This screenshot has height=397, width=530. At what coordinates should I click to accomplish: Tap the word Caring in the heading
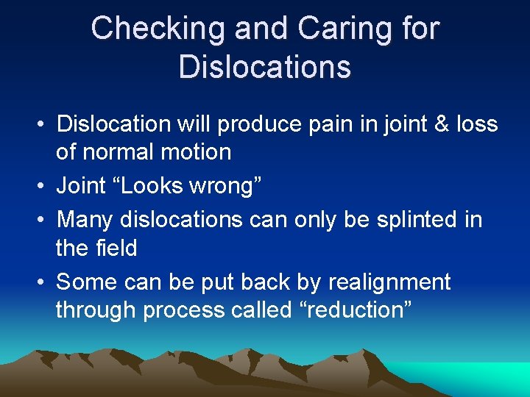tap(334, 29)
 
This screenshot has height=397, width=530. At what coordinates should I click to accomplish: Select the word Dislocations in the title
tap(265, 67)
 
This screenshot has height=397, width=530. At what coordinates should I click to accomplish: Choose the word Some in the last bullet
tap(87, 282)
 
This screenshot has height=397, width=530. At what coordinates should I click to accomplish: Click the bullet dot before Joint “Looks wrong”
tap(44, 187)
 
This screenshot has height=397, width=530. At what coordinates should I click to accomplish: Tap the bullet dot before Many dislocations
tap(44, 220)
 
